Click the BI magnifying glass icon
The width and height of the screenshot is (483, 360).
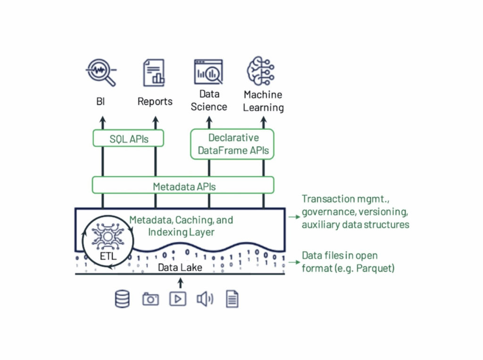(x=100, y=73)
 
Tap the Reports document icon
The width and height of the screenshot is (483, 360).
(x=154, y=73)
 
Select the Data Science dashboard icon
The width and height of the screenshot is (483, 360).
(x=208, y=72)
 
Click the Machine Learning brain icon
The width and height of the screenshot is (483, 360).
(x=260, y=71)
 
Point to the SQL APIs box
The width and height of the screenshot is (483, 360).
(x=129, y=138)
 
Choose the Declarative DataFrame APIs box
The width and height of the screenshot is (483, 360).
(x=232, y=144)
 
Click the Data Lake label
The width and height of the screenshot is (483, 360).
(x=180, y=268)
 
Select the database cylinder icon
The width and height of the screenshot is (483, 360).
(x=122, y=299)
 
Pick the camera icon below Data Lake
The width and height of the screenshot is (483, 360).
(x=150, y=299)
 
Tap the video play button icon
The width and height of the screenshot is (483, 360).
(x=178, y=299)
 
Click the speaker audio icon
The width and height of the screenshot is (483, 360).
(x=205, y=299)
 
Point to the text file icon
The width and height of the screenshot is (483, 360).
(x=232, y=299)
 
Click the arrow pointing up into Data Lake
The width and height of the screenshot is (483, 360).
(x=180, y=283)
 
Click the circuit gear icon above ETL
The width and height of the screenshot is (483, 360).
(x=108, y=234)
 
